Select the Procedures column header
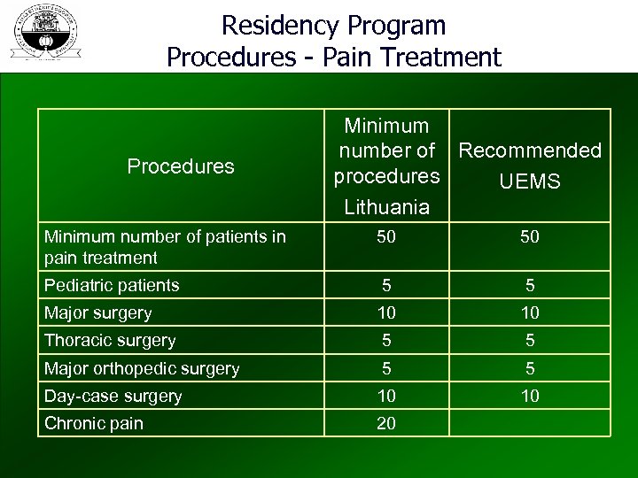pos(181,166)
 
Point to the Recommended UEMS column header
pos(530,166)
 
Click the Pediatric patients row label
pos(113,285)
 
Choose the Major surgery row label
pos(98,312)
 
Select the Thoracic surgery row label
pos(111,340)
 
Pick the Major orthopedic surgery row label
pos(142,368)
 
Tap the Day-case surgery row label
pos(113,396)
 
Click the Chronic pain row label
pos(94,423)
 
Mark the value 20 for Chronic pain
pos(386,423)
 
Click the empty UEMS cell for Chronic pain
pos(529,423)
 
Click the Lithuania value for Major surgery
pos(386,312)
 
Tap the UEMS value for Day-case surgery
pos(529,396)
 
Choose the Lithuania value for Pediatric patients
pos(386,285)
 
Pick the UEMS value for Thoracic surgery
pos(529,340)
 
